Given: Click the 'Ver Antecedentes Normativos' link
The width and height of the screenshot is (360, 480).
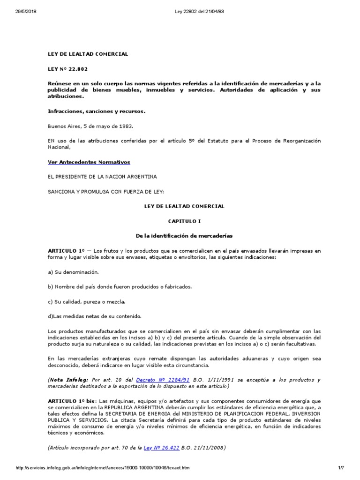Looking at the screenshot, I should pyautogui.click(x=89, y=162).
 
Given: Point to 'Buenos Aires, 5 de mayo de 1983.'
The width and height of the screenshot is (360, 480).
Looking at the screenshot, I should pyautogui.click(x=90, y=126).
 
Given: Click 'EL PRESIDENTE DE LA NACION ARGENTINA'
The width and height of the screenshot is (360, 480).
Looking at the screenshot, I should pyautogui.click(x=103, y=176).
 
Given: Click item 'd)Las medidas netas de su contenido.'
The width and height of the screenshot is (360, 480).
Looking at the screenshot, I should pyautogui.click(x=95, y=316).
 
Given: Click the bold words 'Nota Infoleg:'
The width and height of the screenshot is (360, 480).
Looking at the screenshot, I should pyautogui.click(x=66, y=380).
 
